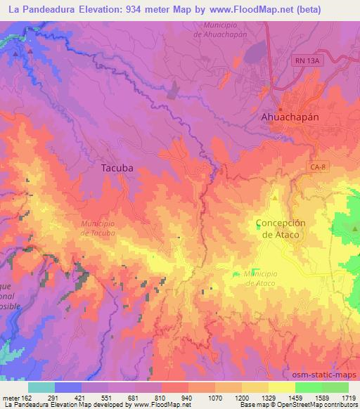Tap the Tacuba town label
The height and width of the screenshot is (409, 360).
117,168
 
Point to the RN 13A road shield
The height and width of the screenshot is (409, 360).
307,61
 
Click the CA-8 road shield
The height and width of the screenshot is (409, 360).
316,166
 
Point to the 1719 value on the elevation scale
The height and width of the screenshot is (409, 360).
348,398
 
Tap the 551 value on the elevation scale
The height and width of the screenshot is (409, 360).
107,398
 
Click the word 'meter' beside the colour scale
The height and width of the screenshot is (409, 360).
12,398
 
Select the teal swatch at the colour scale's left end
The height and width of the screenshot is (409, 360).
41,387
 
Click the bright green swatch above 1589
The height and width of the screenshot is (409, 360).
308,387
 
